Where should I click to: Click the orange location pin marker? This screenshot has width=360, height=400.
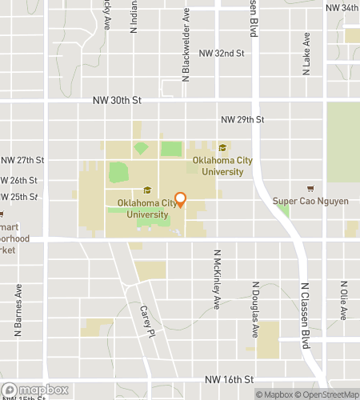click(x=181, y=199)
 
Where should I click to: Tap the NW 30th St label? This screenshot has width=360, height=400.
click(x=117, y=101)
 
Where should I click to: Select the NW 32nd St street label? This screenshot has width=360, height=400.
click(x=221, y=53)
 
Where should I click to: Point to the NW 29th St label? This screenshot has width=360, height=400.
click(x=242, y=119)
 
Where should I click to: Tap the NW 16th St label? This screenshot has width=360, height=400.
click(x=229, y=378)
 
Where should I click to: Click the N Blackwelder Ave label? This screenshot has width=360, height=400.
click(x=186, y=45)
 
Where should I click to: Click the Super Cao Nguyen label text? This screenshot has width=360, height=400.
click(x=310, y=201)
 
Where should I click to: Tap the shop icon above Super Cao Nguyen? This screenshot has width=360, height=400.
click(x=310, y=188)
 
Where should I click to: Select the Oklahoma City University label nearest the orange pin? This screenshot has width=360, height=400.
click(x=146, y=208)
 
